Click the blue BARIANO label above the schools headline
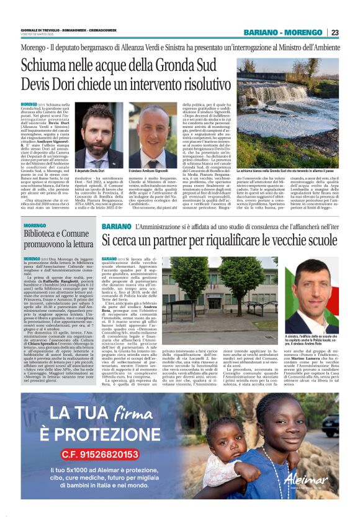(x=116, y=227)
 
